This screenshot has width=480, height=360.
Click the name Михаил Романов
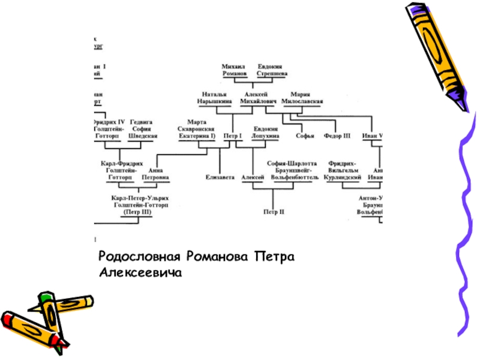pyautogui.click(x=234, y=70)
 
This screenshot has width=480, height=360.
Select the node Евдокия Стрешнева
pyautogui.click(x=271, y=70)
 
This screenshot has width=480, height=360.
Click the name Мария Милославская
pyautogui.click(x=307, y=98)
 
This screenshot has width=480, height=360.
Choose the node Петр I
pyautogui.click(x=232, y=136)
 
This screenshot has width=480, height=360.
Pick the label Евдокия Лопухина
pyautogui.click(x=265, y=133)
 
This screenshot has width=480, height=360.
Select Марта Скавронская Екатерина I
pyautogui.click(x=196, y=129)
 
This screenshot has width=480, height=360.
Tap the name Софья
pyautogui.click(x=305, y=136)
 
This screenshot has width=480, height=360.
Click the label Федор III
pyautogui.click(x=337, y=136)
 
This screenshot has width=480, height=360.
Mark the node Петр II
pyautogui.click(x=274, y=211)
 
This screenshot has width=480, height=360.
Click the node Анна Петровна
pyautogui.click(x=155, y=174)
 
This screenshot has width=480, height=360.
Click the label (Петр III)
pyautogui.click(x=137, y=212)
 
